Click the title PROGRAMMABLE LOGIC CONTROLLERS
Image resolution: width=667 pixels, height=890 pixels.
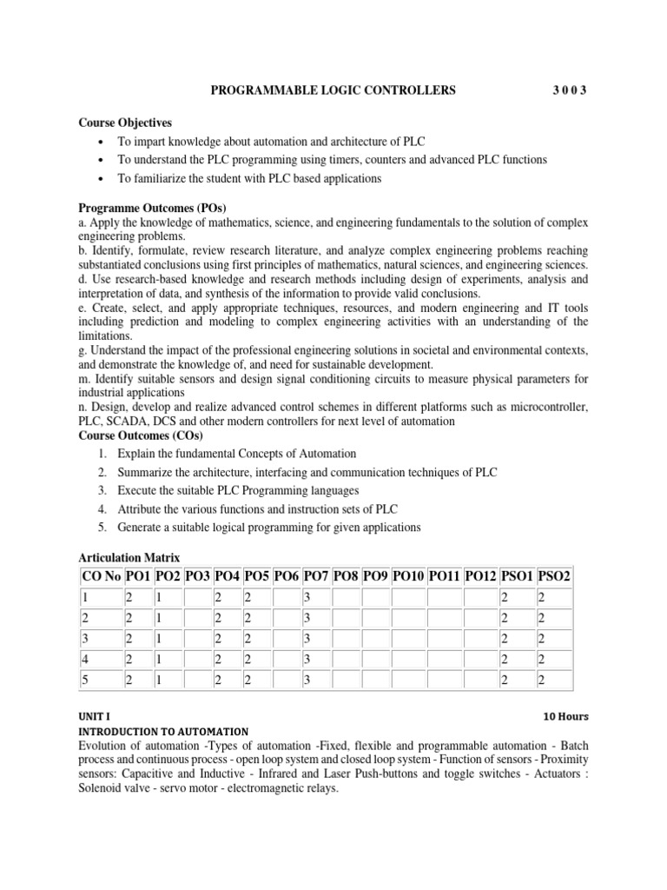pyautogui.click(x=334, y=90)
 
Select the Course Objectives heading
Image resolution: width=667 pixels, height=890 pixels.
pyautogui.click(x=125, y=123)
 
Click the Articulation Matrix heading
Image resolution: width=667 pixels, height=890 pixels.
pyautogui.click(x=129, y=557)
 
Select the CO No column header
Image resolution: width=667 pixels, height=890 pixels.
pyautogui.click(x=101, y=576)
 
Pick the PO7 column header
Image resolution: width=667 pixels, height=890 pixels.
pyautogui.click(x=316, y=576)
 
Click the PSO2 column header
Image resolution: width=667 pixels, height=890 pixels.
pyautogui.click(x=554, y=576)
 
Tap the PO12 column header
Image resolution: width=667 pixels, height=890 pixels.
pyautogui.click(x=479, y=576)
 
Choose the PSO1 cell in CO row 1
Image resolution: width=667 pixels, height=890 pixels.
pyautogui.click(x=515, y=598)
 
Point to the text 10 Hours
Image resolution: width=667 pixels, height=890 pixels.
pyautogui.click(x=565, y=717)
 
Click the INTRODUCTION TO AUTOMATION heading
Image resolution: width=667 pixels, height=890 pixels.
pyautogui.click(x=163, y=732)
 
